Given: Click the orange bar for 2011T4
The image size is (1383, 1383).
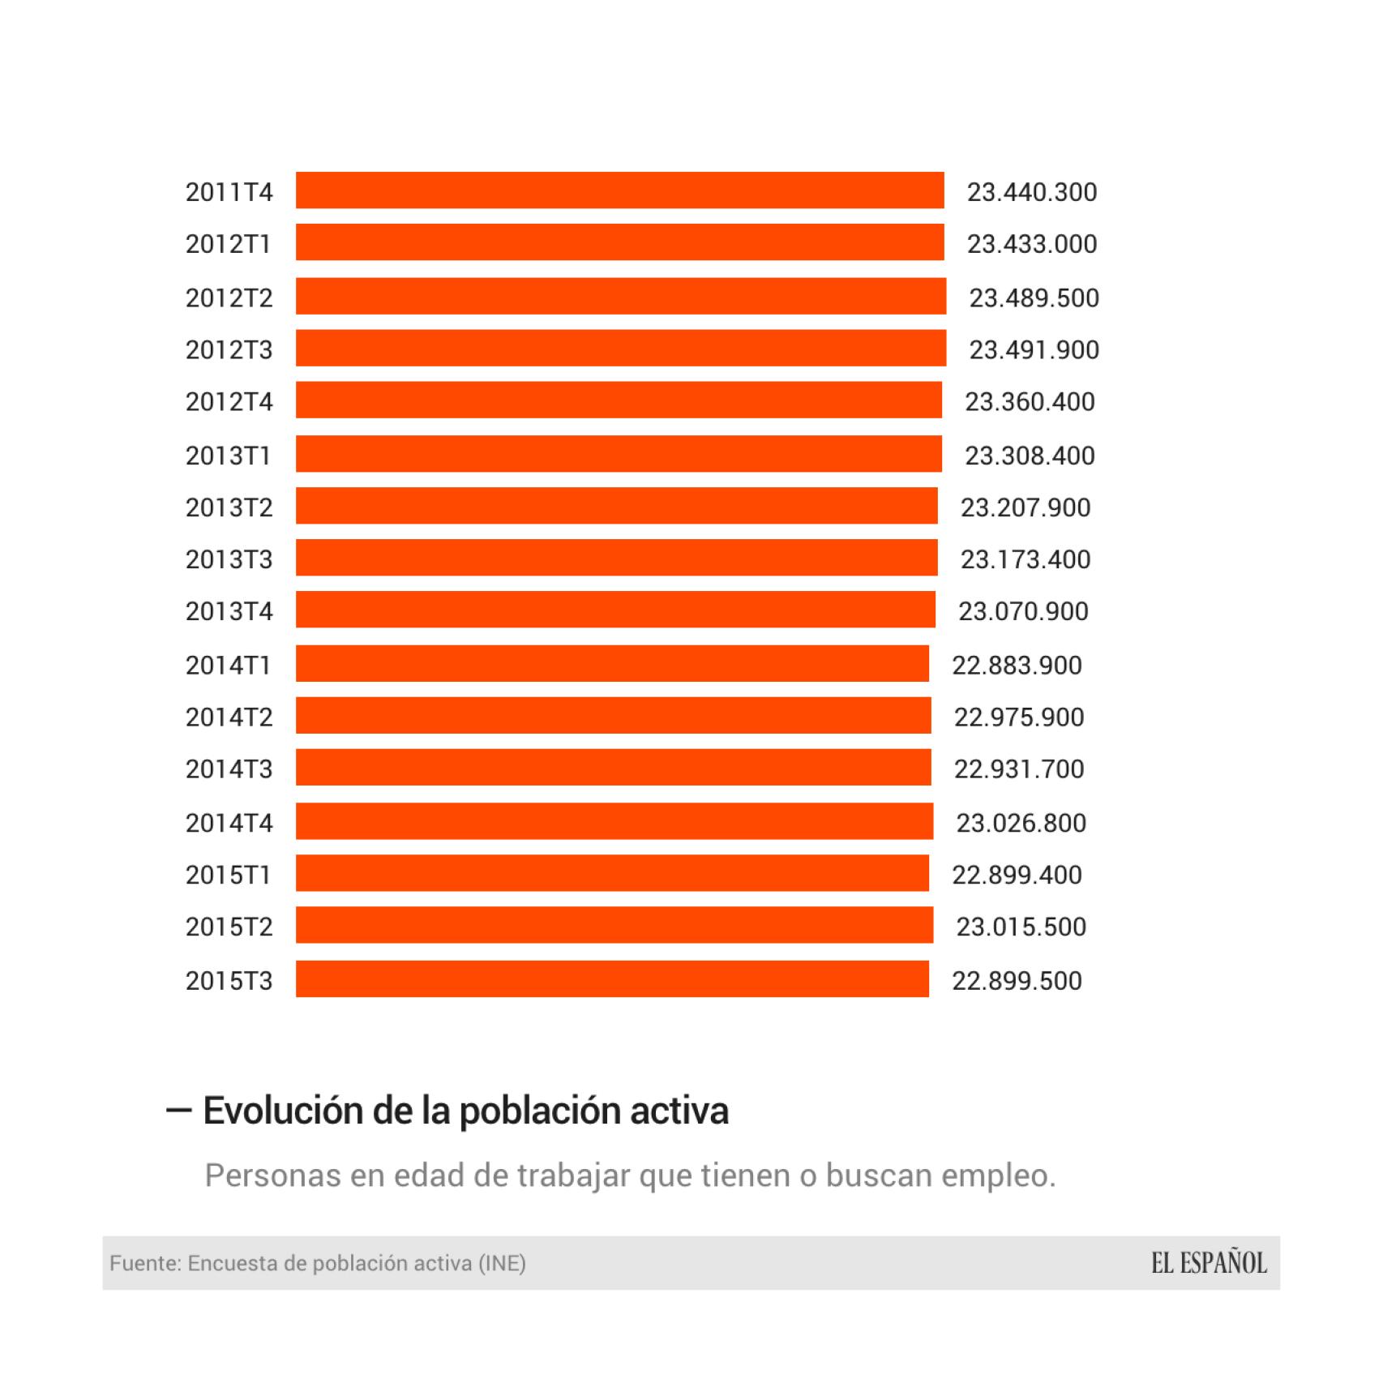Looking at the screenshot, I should pyautogui.click(x=619, y=191).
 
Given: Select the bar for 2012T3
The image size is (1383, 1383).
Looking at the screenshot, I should pyautogui.click(x=620, y=349).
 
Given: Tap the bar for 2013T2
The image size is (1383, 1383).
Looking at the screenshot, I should pyautogui.click(x=616, y=506).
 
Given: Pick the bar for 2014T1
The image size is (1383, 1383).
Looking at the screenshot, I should pyautogui.click(x=612, y=664).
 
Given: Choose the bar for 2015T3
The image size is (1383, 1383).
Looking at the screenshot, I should pyautogui.click(x=612, y=979).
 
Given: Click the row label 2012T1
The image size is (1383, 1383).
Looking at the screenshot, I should pyautogui.click(x=228, y=244).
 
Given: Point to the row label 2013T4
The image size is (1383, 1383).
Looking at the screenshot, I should pyautogui.click(x=229, y=611).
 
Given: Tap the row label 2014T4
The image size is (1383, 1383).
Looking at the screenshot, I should pyautogui.click(x=229, y=823).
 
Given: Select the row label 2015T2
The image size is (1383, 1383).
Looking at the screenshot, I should pyautogui.click(x=229, y=927).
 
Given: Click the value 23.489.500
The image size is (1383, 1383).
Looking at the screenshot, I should pyautogui.click(x=1034, y=298).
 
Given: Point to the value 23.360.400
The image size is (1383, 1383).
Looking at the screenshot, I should pyautogui.click(x=1030, y=402).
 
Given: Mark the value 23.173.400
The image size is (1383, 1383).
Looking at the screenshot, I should pyautogui.click(x=1025, y=559).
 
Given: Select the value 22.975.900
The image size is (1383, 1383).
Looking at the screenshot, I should pyautogui.click(x=1019, y=717).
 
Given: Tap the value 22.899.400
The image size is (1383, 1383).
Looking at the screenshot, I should pyautogui.click(x=1017, y=875).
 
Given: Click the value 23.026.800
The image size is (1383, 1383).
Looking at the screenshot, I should pyautogui.click(x=1021, y=823).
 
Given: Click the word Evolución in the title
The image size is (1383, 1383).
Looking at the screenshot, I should pyautogui.click(x=283, y=1111).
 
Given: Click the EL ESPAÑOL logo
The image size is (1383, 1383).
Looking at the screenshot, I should pyautogui.click(x=1209, y=1263).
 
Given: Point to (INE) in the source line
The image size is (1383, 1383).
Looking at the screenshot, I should pyautogui.click(x=502, y=1263).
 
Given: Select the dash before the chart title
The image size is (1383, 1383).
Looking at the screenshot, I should pyautogui.click(x=178, y=1111).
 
